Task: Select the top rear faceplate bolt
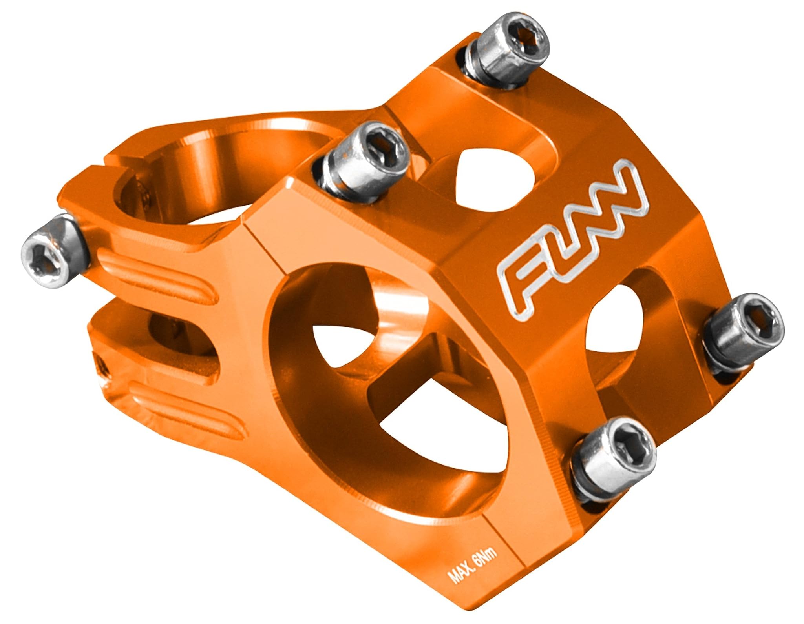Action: [x=506, y=53]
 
